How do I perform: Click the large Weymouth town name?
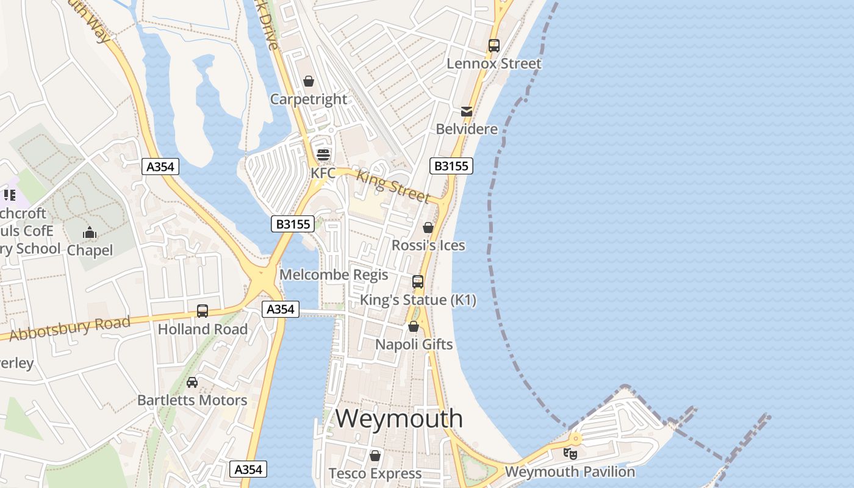399,418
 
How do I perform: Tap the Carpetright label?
309,99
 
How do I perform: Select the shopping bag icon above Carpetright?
309,81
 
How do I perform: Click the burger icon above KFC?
323,154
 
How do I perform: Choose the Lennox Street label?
493,63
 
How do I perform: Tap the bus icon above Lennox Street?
493,46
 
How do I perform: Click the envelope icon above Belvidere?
467,112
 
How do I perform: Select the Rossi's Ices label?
428,245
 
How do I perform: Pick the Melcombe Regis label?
334,274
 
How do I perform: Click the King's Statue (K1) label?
418,300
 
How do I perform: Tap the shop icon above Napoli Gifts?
414,326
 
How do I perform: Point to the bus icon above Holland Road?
203,311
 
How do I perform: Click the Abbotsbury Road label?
70,329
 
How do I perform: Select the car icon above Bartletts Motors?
192,382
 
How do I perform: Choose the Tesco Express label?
375,473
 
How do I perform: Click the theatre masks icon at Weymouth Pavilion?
570,454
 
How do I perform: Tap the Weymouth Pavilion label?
570,472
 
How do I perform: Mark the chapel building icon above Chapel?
90,232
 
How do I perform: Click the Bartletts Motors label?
192,400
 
